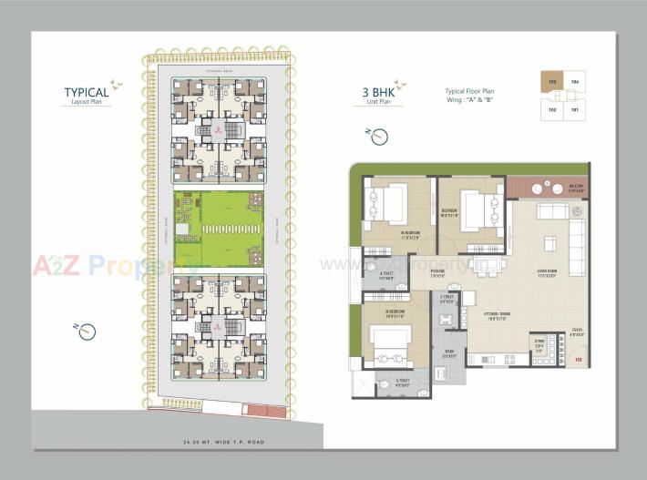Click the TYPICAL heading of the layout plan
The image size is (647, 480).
(86, 92)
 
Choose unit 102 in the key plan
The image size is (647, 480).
(551, 108)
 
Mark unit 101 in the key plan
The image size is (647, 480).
(575, 108)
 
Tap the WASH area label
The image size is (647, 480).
(448, 353)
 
